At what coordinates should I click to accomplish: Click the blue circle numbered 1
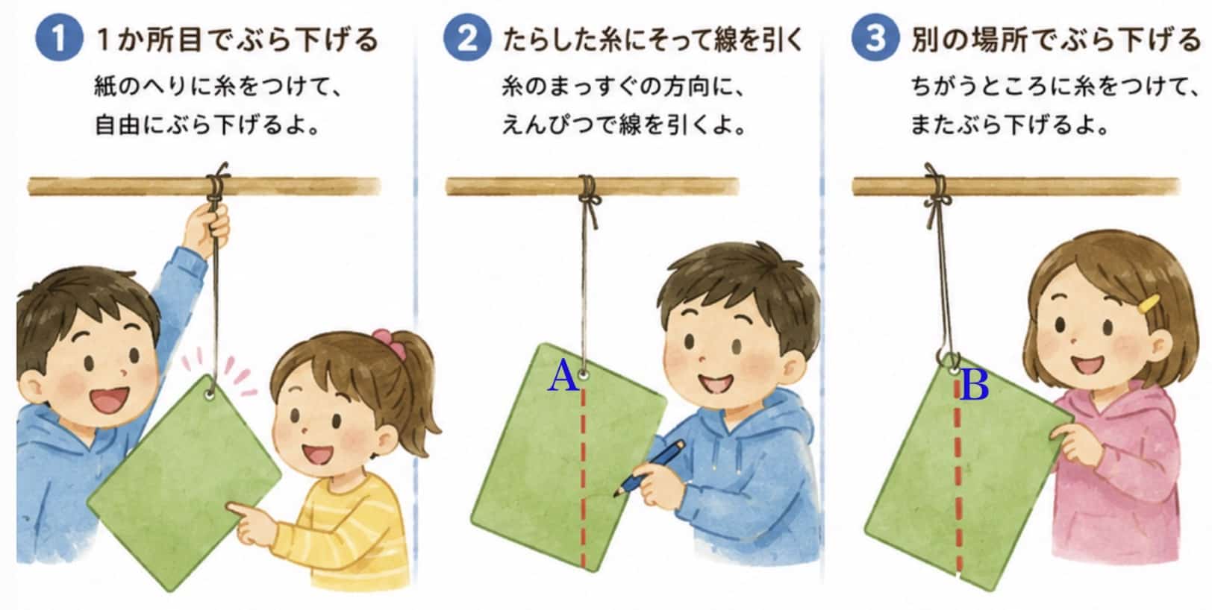(59, 38)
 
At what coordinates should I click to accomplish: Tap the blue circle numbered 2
(467, 38)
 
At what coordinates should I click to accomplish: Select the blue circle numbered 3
(875, 38)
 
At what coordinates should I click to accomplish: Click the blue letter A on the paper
(563, 377)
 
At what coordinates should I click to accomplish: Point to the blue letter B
(975, 385)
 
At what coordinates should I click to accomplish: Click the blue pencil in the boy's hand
(649, 468)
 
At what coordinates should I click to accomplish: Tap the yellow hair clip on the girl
(1148, 304)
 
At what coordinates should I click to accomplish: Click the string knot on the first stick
(217, 185)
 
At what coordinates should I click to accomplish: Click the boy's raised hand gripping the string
(208, 227)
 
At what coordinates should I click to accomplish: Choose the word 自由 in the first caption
(116, 125)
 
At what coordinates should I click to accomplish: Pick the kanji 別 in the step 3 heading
(925, 40)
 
